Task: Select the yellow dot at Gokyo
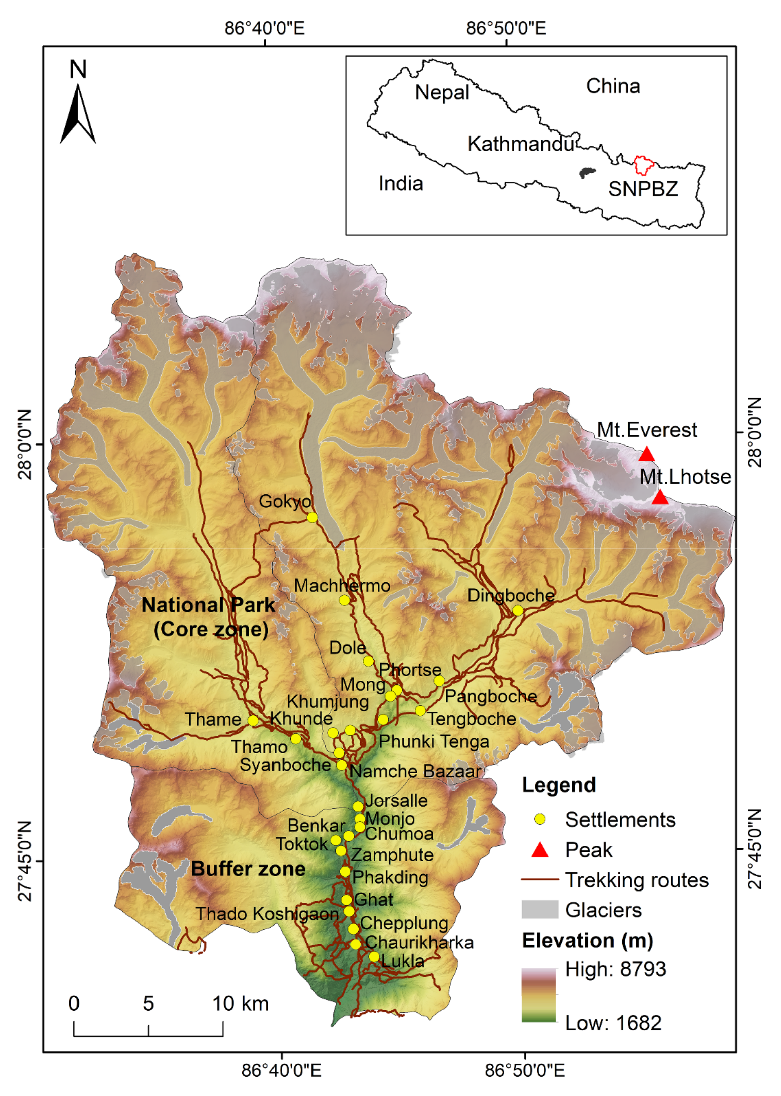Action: tap(312, 518)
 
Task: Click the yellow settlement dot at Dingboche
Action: tap(518, 610)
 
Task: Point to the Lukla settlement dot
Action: tap(374, 956)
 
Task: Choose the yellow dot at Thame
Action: tap(253, 721)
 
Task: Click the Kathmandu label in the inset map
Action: tap(521, 144)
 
